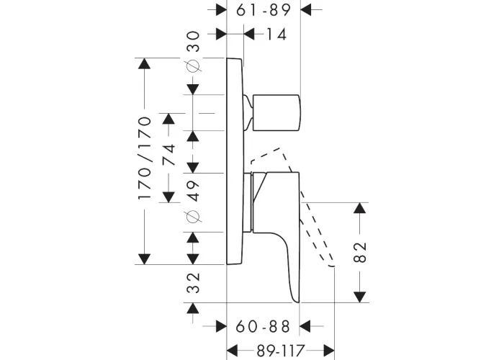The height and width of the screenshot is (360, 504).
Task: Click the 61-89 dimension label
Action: (264, 10)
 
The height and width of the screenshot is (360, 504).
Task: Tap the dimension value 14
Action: (276, 34)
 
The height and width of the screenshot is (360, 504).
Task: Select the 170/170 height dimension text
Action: (145, 158)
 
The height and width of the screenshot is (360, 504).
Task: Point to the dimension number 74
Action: (169, 154)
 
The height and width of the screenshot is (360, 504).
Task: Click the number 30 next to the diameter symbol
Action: (193, 42)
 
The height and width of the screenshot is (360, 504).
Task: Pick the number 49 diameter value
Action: (193, 191)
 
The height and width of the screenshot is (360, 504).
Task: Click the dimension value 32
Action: (193, 283)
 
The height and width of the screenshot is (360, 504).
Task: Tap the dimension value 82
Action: (360, 252)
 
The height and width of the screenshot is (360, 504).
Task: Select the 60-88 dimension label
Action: (263, 327)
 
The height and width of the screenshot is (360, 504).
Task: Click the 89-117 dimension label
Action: (281, 350)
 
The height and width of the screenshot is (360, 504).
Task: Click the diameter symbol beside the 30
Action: (193, 66)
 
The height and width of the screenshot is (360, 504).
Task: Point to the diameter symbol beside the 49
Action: (193, 217)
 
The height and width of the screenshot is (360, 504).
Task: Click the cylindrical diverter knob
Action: (276, 113)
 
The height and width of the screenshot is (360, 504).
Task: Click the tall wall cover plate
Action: (235, 161)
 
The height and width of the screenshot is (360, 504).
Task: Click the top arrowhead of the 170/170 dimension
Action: (144, 63)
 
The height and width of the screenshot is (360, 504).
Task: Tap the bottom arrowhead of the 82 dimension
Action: (360, 297)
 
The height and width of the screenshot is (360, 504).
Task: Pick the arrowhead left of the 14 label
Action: (249, 34)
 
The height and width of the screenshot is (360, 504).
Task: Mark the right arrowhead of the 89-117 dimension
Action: (329, 350)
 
